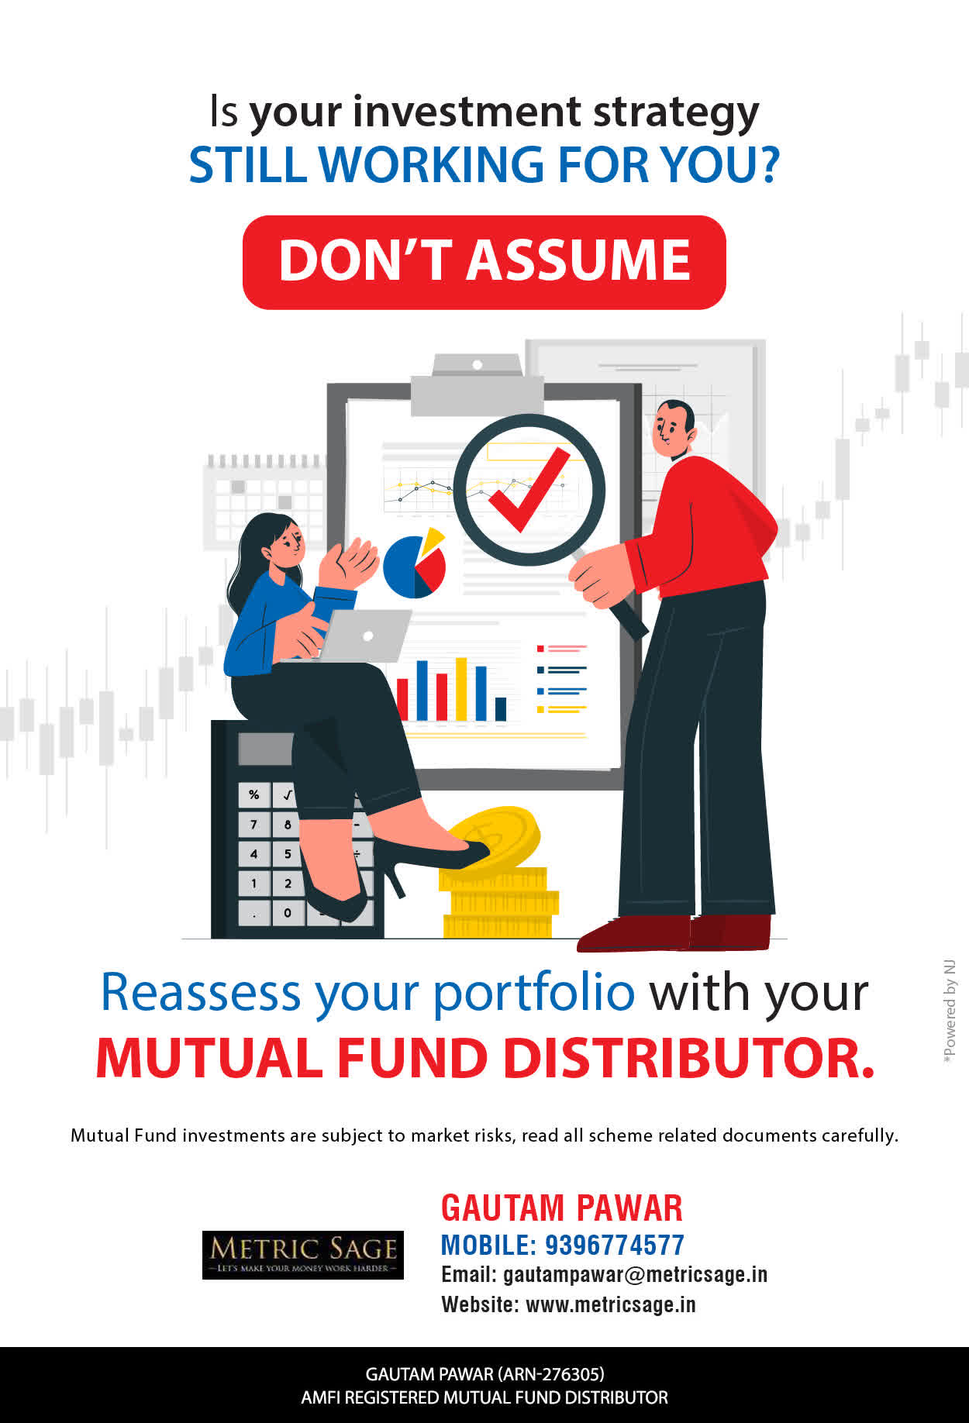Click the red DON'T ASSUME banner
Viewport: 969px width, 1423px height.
(484, 262)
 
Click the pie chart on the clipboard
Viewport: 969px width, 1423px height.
(415, 563)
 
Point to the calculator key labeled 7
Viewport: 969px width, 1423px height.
(254, 824)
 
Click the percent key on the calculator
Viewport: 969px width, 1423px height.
(254, 794)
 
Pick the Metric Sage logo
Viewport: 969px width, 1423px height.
(302, 1255)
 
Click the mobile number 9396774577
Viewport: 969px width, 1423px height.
(615, 1245)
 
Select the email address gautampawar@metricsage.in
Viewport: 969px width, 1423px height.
(635, 1275)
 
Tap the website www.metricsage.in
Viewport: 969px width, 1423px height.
(611, 1305)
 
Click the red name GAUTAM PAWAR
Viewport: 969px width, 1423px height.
(562, 1208)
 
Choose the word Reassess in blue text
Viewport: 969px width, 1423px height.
(201, 992)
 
